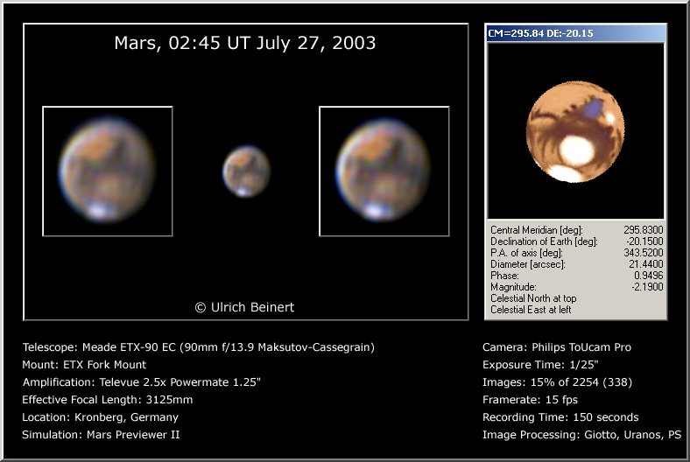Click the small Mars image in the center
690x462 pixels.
click(x=246, y=171)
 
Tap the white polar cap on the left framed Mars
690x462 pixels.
click(x=100, y=212)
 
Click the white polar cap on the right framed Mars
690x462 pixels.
click(x=377, y=211)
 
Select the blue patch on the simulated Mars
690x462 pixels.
click(x=594, y=108)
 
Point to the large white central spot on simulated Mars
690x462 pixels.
click(x=577, y=150)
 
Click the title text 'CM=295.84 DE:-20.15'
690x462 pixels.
click(x=541, y=33)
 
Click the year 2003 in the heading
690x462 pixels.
click(x=354, y=43)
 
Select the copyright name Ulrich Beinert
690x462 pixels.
click(x=252, y=307)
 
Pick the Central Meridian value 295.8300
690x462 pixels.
click(x=643, y=230)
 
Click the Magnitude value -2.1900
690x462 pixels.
click(x=646, y=287)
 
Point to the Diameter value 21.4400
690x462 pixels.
click(x=646, y=264)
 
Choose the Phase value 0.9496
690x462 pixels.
click(x=648, y=276)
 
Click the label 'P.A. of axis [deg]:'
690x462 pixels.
click(x=527, y=253)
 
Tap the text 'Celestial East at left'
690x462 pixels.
click(x=531, y=310)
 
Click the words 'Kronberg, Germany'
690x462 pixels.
click(x=126, y=417)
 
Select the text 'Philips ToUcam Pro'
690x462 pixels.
click(x=581, y=347)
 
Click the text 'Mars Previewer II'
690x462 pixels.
click(x=133, y=435)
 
